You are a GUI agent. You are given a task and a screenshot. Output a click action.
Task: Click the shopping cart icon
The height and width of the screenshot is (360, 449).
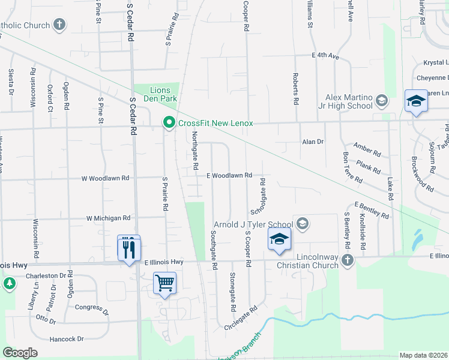tap(165, 282)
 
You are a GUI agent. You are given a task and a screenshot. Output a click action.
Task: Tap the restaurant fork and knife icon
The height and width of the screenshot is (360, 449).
tap(128, 247)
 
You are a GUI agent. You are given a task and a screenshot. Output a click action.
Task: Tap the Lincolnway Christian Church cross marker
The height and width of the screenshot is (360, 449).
tap(347, 260)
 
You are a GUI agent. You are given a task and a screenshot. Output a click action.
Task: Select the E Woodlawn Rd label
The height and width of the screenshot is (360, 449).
tap(228, 176)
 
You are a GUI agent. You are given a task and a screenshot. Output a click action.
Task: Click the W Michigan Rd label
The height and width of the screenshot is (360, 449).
tap(109, 218)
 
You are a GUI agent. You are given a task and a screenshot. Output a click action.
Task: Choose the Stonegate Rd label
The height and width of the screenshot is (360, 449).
tap(232, 292)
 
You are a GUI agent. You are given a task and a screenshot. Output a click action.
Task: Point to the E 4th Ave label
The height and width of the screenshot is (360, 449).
tap(325, 56)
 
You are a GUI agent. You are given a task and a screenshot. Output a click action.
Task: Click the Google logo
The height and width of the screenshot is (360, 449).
tap(20, 352)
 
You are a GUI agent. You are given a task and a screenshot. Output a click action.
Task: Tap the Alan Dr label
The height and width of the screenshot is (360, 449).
tap(313, 142)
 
